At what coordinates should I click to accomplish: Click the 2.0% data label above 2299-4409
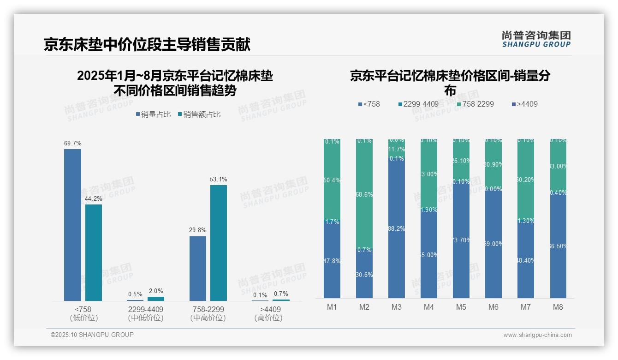pyautogui.click(x=156, y=291)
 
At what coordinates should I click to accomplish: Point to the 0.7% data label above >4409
pyautogui.click(x=281, y=294)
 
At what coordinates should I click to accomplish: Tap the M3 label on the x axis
pyautogui.click(x=397, y=307)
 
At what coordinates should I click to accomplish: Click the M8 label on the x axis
pyautogui.click(x=558, y=307)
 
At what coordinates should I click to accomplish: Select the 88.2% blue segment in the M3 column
pyautogui.click(x=397, y=228)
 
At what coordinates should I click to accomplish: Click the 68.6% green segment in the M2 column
pyautogui.click(x=364, y=194)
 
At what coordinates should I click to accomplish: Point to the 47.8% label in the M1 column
pyautogui.click(x=332, y=261)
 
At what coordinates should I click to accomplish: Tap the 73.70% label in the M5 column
pyautogui.click(x=461, y=240)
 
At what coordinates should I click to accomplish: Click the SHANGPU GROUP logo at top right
pyautogui.click(x=536, y=39)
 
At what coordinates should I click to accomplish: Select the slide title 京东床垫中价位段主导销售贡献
pyautogui.click(x=147, y=45)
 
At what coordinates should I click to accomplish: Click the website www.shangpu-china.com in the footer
pyautogui.click(x=537, y=335)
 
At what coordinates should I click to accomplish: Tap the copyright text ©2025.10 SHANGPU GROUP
pyautogui.click(x=92, y=335)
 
